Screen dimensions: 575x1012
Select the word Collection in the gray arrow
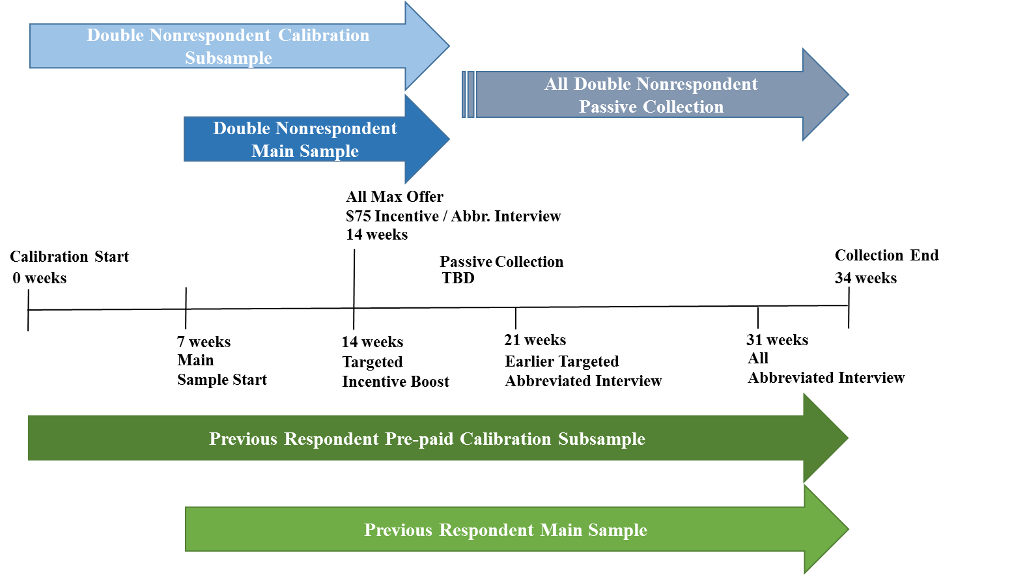[x=683, y=107]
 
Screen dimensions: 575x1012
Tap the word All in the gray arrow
[x=556, y=84]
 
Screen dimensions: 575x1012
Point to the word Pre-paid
[x=419, y=439]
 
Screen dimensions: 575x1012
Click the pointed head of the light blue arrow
[x=427, y=46]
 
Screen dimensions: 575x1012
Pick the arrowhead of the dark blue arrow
[x=427, y=139]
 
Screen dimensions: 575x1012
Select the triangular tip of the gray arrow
[x=825, y=94]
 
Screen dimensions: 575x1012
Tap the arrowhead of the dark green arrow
[x=825, y=438]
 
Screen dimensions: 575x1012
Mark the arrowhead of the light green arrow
[x=826, y=529]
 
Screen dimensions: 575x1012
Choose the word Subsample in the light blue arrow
[x=229, y=58]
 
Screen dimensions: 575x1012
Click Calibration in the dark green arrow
[x=505, y=439]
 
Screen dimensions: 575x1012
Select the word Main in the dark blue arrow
[x=272, y=151]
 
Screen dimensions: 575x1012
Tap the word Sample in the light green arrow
[x=617, y=530]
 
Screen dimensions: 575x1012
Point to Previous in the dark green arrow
[x=243, y=439]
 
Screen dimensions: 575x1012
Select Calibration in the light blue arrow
[x=324, y=35]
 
